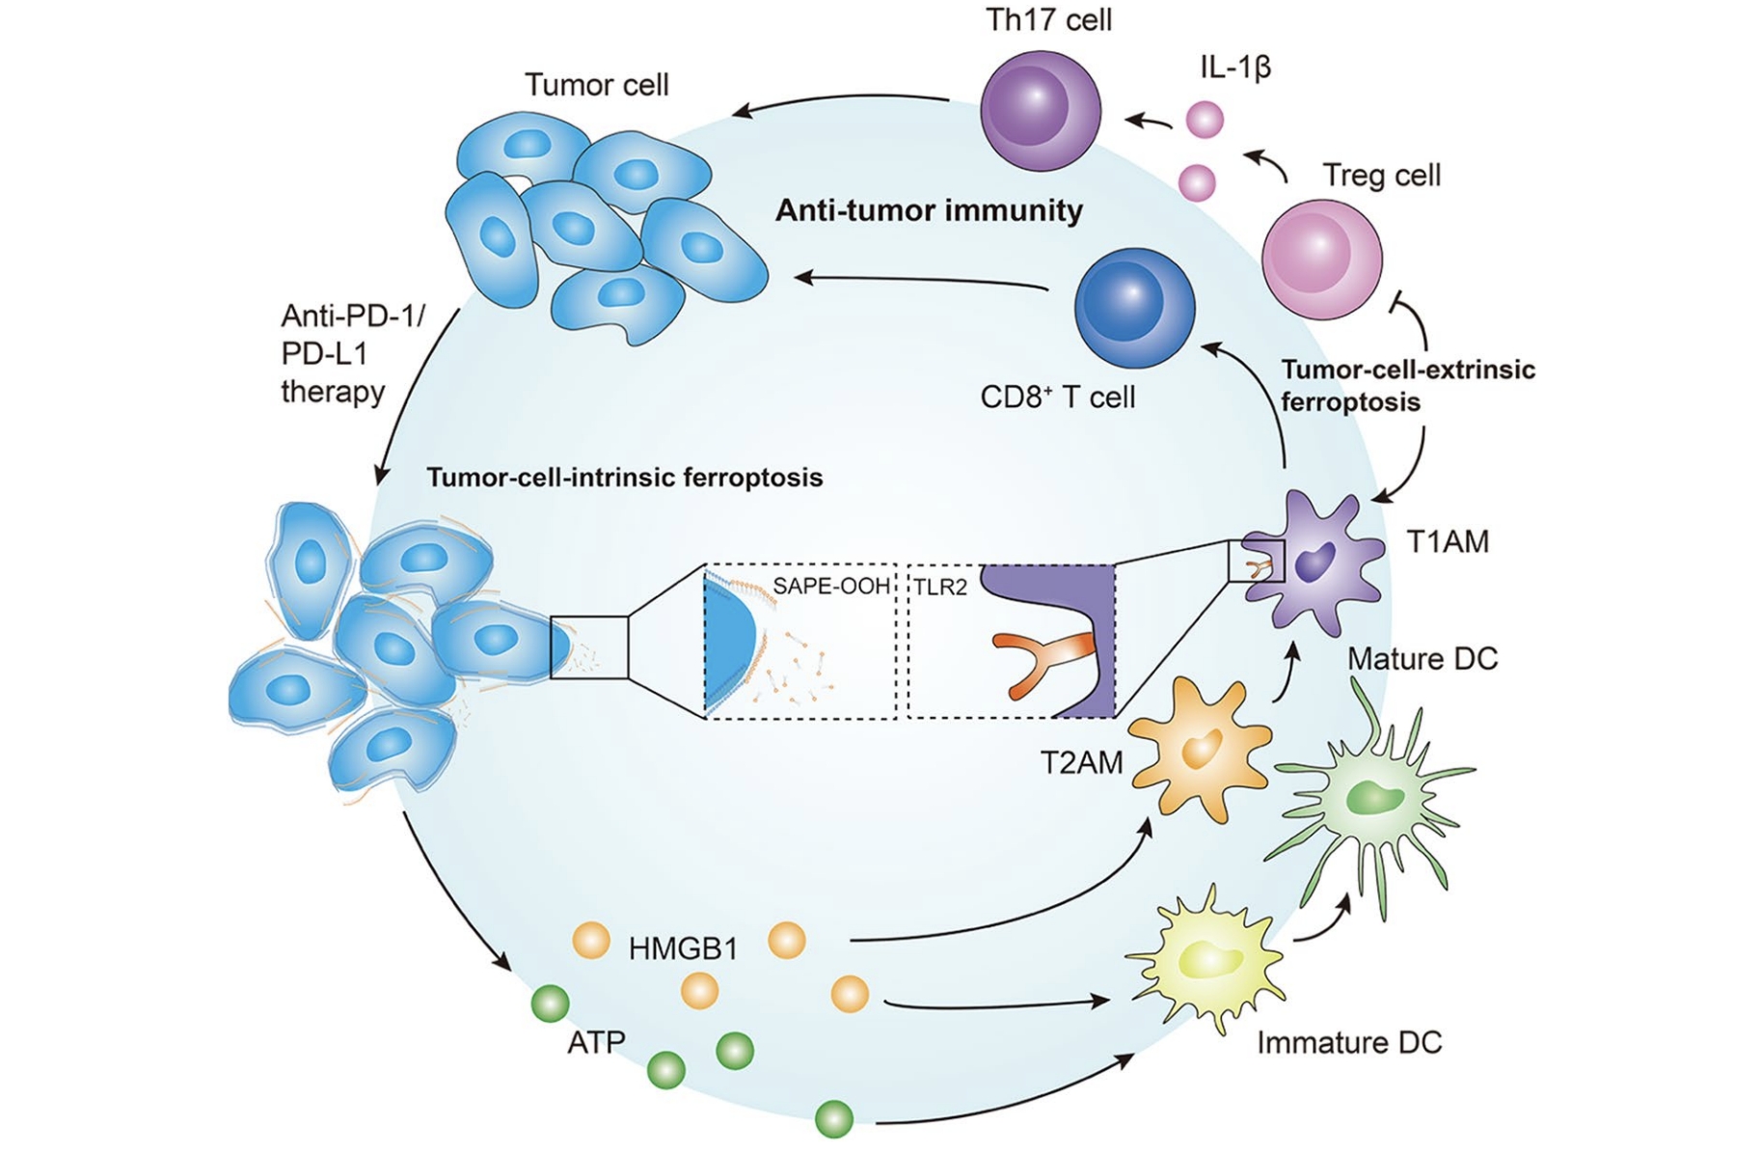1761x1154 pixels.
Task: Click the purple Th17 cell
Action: pyautogui.click(x=1040, y=110)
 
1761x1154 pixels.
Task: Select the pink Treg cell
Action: pyautogui.click(x=1321, y=259)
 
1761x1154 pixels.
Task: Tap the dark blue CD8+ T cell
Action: pyautogui.click(x=1134, y=308)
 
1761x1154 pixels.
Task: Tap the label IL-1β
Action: pyautogui.click(x=1234, y=68)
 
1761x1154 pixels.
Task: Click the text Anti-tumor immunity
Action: pyautogui.click(x=929, y=210)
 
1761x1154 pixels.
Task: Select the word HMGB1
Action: pyautogui.click(x=683, y=949)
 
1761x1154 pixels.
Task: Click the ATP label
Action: pyautogui.click(x=596, y=1043)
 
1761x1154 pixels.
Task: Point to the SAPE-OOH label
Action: pyautogui.click(x=830, y=586)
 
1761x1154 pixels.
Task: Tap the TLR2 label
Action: pyautogui.click(x=939, y=588)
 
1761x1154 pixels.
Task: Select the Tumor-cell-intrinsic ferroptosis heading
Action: pyautogui.click(x=624, y=478)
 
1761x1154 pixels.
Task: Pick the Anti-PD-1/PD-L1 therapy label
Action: pyautogui.click(x=351, y=354)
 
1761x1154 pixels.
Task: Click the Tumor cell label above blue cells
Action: pyautogui.click(x=596, y=85)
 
